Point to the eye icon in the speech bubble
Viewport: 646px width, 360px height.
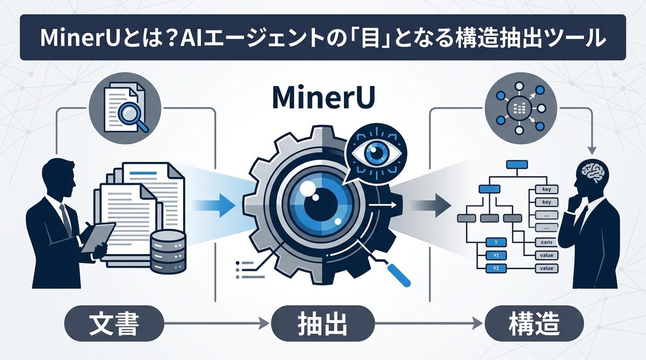[x=373, y=152]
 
